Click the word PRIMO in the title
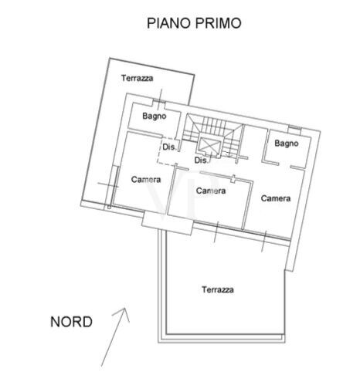(219, 23)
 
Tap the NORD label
(71, 322)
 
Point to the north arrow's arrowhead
(123, 313)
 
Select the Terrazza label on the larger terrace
(218, 290)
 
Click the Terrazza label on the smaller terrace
(137, 78)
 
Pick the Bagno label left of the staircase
(155, 117)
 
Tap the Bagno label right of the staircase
(287, 144)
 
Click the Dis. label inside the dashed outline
(169, 147)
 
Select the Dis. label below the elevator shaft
(201, 161)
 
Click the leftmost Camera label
(146, 179)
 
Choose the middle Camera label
(211, 191)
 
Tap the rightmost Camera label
(276, 198)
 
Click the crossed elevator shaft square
(209, 145)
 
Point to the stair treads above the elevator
(212, 126)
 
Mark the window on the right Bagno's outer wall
(294, 127)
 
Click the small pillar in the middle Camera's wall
(233, 179)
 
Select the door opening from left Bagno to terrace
(158, 103)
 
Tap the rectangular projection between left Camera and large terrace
(168, 223)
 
